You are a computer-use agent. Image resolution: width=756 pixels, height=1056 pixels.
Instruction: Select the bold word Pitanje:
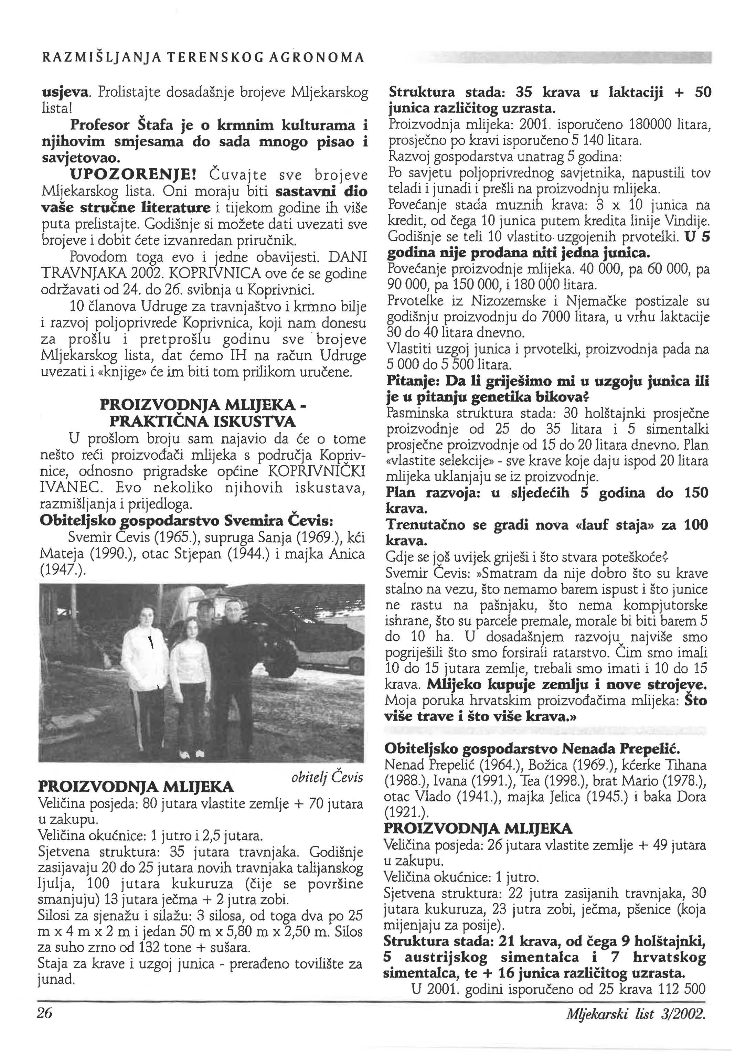point(413,382)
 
